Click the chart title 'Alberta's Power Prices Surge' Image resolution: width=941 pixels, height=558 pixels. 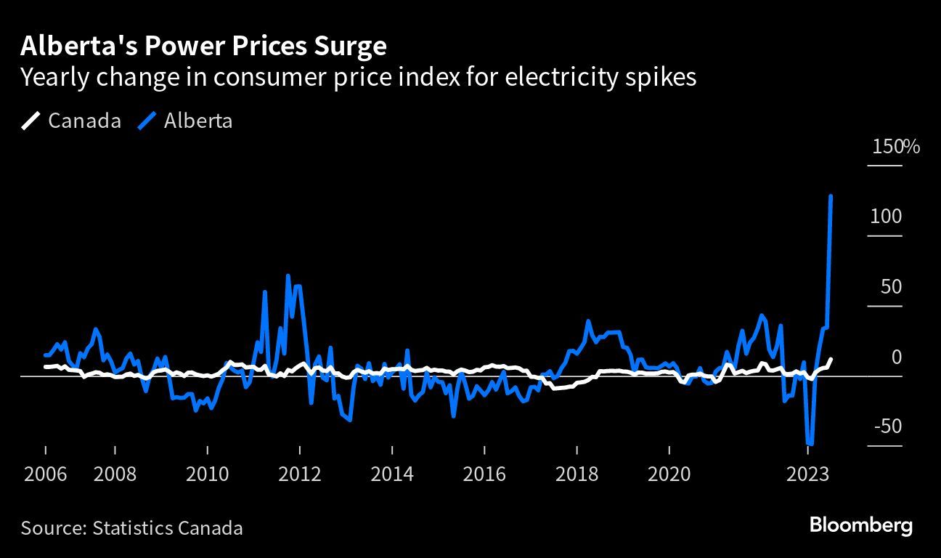(203, 46)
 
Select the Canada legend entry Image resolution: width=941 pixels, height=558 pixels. (71, 121)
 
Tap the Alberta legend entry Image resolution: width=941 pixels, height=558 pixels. (185, 121)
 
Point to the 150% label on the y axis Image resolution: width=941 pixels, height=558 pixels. (895, 147)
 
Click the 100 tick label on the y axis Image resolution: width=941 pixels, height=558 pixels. (886, 217)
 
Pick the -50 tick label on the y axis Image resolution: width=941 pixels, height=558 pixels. (887, 426)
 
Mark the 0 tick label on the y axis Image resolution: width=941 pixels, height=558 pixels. (897, 356)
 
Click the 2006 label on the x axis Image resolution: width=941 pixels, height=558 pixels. (45, 474)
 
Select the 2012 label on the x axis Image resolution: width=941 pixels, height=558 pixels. (300, 474)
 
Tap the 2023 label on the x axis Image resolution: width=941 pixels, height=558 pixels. (808, 474)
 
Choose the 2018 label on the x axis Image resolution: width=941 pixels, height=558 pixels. (577, 474)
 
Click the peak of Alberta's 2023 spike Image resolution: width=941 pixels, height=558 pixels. (831, 196)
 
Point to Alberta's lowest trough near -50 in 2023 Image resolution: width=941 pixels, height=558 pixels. (810, 443)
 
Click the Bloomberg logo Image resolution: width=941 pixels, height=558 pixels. (860, 525)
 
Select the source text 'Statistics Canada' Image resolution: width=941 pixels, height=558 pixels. (168, 527)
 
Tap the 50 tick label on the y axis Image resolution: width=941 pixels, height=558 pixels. (891, 286)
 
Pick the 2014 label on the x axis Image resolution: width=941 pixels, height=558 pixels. (392, 474)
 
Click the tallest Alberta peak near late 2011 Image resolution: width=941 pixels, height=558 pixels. (288, 276)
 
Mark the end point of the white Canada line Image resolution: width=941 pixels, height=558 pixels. (831, 359)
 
